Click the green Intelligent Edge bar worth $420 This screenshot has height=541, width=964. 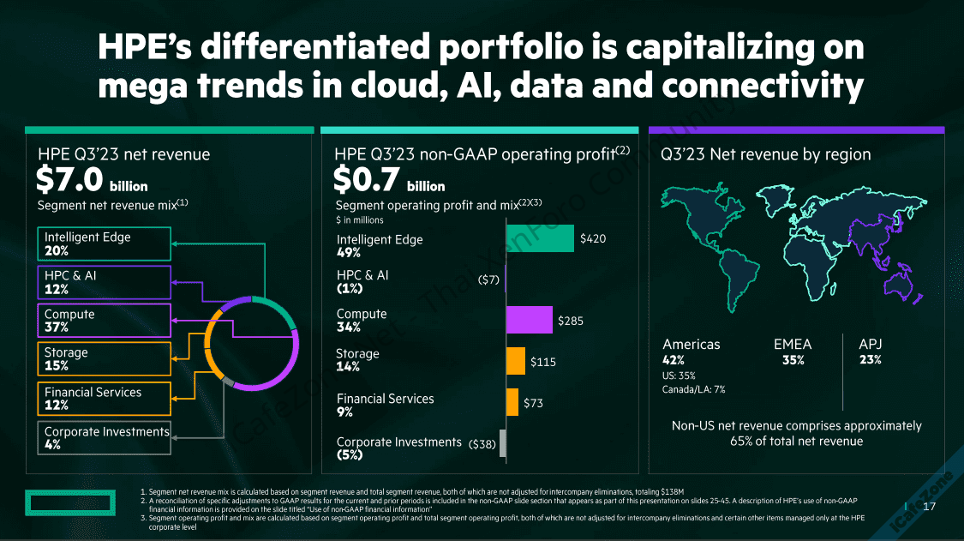click(540, 238)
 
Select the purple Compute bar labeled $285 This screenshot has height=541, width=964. click(530, 320)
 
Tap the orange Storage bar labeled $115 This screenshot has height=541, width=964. click(516, 361)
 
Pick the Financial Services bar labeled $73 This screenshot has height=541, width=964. click(512, 402)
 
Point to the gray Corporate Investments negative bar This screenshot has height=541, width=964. click(503, 443)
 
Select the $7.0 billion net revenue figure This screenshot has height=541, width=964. click(92, 179)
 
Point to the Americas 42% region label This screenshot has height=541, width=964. click(692, 352)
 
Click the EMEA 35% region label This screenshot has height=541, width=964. click(793, 352)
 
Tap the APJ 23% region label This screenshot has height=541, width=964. click(871, 352)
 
